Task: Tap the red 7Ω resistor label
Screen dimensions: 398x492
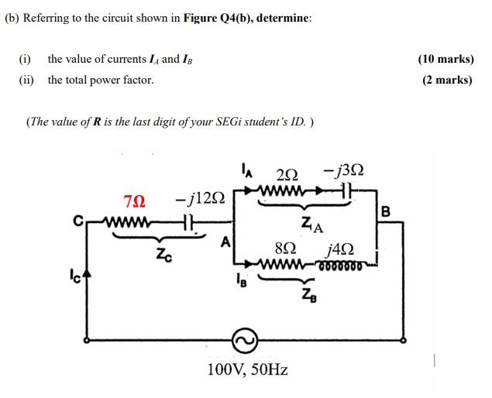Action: (135, 201)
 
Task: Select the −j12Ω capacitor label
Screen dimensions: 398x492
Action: (200, 201)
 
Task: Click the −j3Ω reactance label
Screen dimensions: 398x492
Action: (344, 170)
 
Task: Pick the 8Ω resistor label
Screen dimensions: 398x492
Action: (285, 249)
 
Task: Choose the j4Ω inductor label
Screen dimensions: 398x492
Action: (341, 249)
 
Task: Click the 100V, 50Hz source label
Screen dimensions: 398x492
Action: (247, 369)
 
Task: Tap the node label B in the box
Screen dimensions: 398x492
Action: (386, 210)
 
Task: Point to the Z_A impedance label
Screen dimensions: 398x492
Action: (312, 225)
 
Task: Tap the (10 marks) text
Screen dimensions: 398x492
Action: (446, 59)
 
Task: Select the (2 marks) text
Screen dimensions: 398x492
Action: (447, 79)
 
